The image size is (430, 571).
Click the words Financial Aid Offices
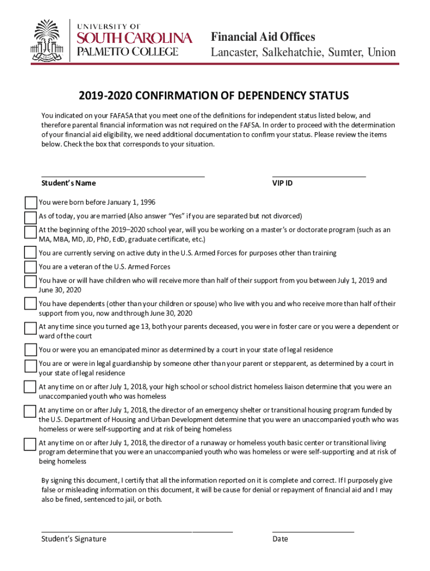click(x=262, y=37)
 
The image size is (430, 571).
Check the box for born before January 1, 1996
click(x=30, y=202)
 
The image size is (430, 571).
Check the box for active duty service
click(x=30, y=253)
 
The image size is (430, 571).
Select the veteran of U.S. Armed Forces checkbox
click(x=30, y=267)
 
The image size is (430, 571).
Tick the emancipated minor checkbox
click(x=30, y=350)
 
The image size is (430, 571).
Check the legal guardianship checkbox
click(x=30, y=366)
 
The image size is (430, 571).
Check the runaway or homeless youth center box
click(x=30, y=444)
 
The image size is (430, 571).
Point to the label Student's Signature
click(x=74, y=539)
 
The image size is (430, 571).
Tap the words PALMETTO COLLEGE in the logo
click(x=127, y=52)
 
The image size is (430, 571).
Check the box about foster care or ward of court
click(x=30, y=328)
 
